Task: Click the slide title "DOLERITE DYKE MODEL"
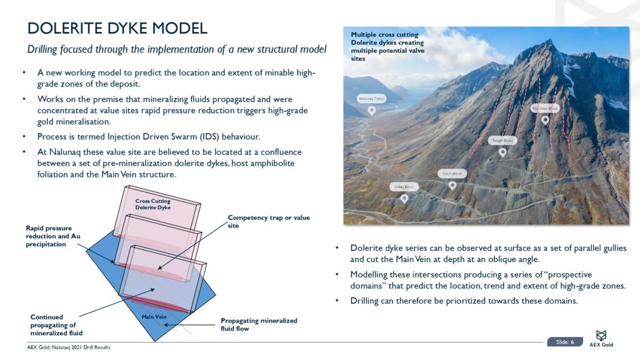point(117,28)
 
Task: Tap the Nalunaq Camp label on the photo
point(371,99)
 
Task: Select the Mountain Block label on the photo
point(544,108)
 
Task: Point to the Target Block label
point(502,141)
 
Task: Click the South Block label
point(452,173)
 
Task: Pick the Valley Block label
point(404,187)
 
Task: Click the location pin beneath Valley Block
point(404,199)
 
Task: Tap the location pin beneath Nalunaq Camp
point(371,111)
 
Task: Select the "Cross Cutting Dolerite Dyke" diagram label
point(152,204)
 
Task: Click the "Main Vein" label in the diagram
point(153,317)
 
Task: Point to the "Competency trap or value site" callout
point(268,221)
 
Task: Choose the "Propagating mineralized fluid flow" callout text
point(259,324)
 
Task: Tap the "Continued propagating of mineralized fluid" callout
point(57,324)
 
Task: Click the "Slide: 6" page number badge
point(564,341)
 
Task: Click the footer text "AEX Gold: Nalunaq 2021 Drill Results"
point(69,347)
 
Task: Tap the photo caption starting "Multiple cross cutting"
point(387,46)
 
